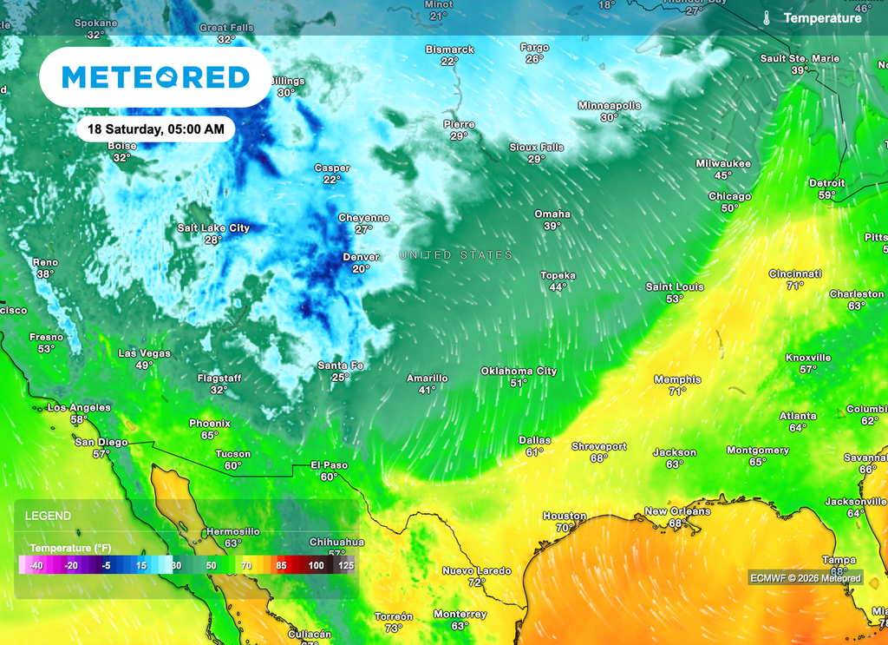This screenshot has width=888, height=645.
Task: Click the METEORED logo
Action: pos(155,77)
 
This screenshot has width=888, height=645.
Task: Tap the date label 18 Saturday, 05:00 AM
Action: pos(156,129)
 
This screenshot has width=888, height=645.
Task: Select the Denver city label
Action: pos(361,257)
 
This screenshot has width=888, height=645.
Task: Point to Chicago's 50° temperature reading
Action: pos(729,208)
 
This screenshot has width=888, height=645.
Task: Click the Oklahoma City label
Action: pos(519,372)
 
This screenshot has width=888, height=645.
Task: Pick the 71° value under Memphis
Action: pos(677,392)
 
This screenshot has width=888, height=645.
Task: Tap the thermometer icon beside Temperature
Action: pos(767,17)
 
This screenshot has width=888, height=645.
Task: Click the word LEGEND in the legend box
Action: pos(49,516)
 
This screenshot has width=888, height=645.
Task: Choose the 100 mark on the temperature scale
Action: pos(317,566)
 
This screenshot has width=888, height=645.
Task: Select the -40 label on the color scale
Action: pos(36,566)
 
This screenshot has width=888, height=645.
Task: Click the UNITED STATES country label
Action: pos(455,255)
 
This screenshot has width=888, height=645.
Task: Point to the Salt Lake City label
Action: pos(213,228)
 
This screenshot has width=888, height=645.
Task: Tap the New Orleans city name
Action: pos(677,511)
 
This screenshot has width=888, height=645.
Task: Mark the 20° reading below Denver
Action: pos(361,269)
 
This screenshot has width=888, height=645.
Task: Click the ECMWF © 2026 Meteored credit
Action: pos(806,578)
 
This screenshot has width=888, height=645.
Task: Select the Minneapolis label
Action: pos(610,106)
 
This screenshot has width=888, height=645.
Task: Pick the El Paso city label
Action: pos(329,465)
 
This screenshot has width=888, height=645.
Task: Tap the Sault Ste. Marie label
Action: pos(800,58)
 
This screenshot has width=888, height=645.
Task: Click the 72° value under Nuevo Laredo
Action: pos(476,582)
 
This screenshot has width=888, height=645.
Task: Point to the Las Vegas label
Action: pos(144,353)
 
